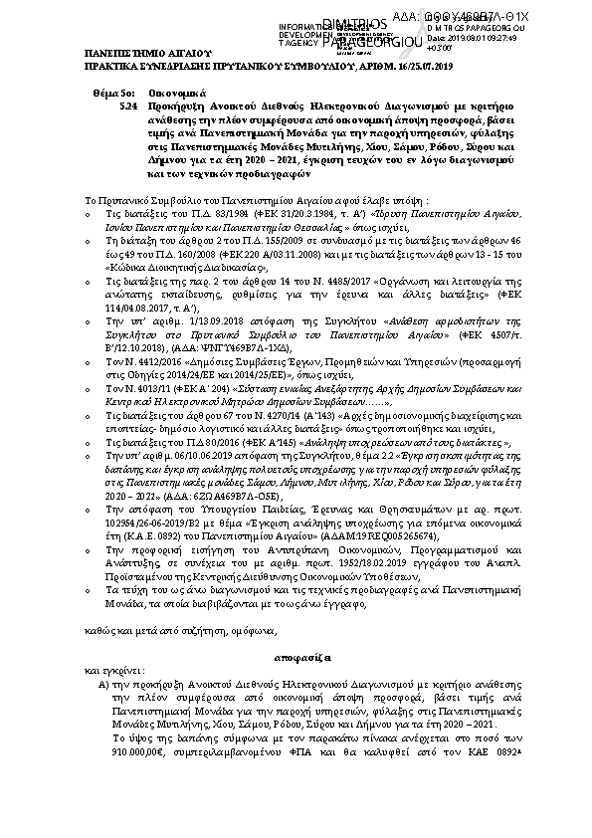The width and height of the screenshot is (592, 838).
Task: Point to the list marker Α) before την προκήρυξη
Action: point(102,687)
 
